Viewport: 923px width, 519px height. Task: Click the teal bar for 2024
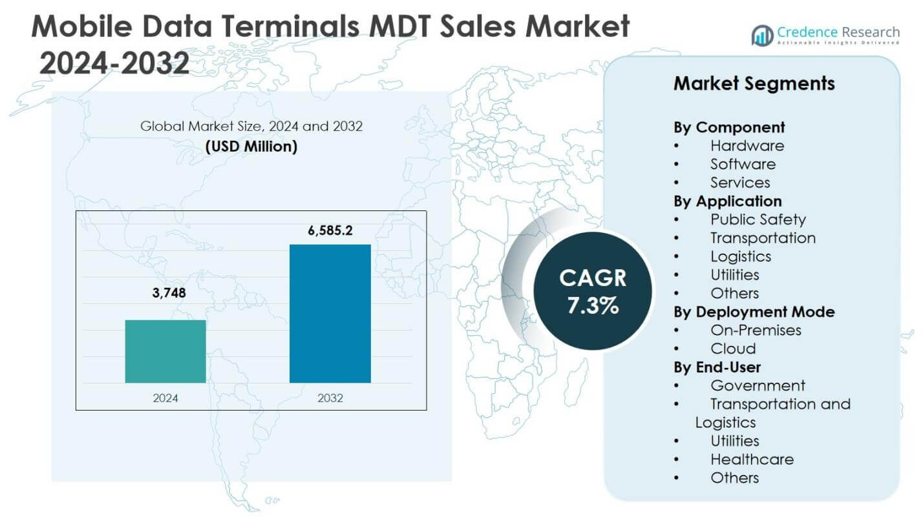pos(165,351)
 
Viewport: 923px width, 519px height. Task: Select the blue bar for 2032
pos(330,314)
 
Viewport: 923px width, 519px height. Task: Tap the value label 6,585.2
pos(330,230)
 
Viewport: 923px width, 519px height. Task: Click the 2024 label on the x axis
pos(165,398)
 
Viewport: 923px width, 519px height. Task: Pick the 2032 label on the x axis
pos(330,398)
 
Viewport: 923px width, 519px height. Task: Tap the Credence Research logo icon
pos(763,35)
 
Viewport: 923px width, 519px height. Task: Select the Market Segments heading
pos(754,83)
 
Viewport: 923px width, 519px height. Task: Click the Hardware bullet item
pos(747,146)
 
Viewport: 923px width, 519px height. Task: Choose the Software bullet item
pos(743,164)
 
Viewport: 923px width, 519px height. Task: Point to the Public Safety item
pos(758,219)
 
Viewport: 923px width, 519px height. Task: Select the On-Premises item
pos(756,330)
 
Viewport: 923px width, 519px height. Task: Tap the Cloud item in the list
pos(733,349)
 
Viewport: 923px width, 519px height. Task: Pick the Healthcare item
pos(752,459)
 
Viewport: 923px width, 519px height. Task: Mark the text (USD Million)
pos(251,147)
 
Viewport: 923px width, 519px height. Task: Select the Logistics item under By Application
pos(741,256)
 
